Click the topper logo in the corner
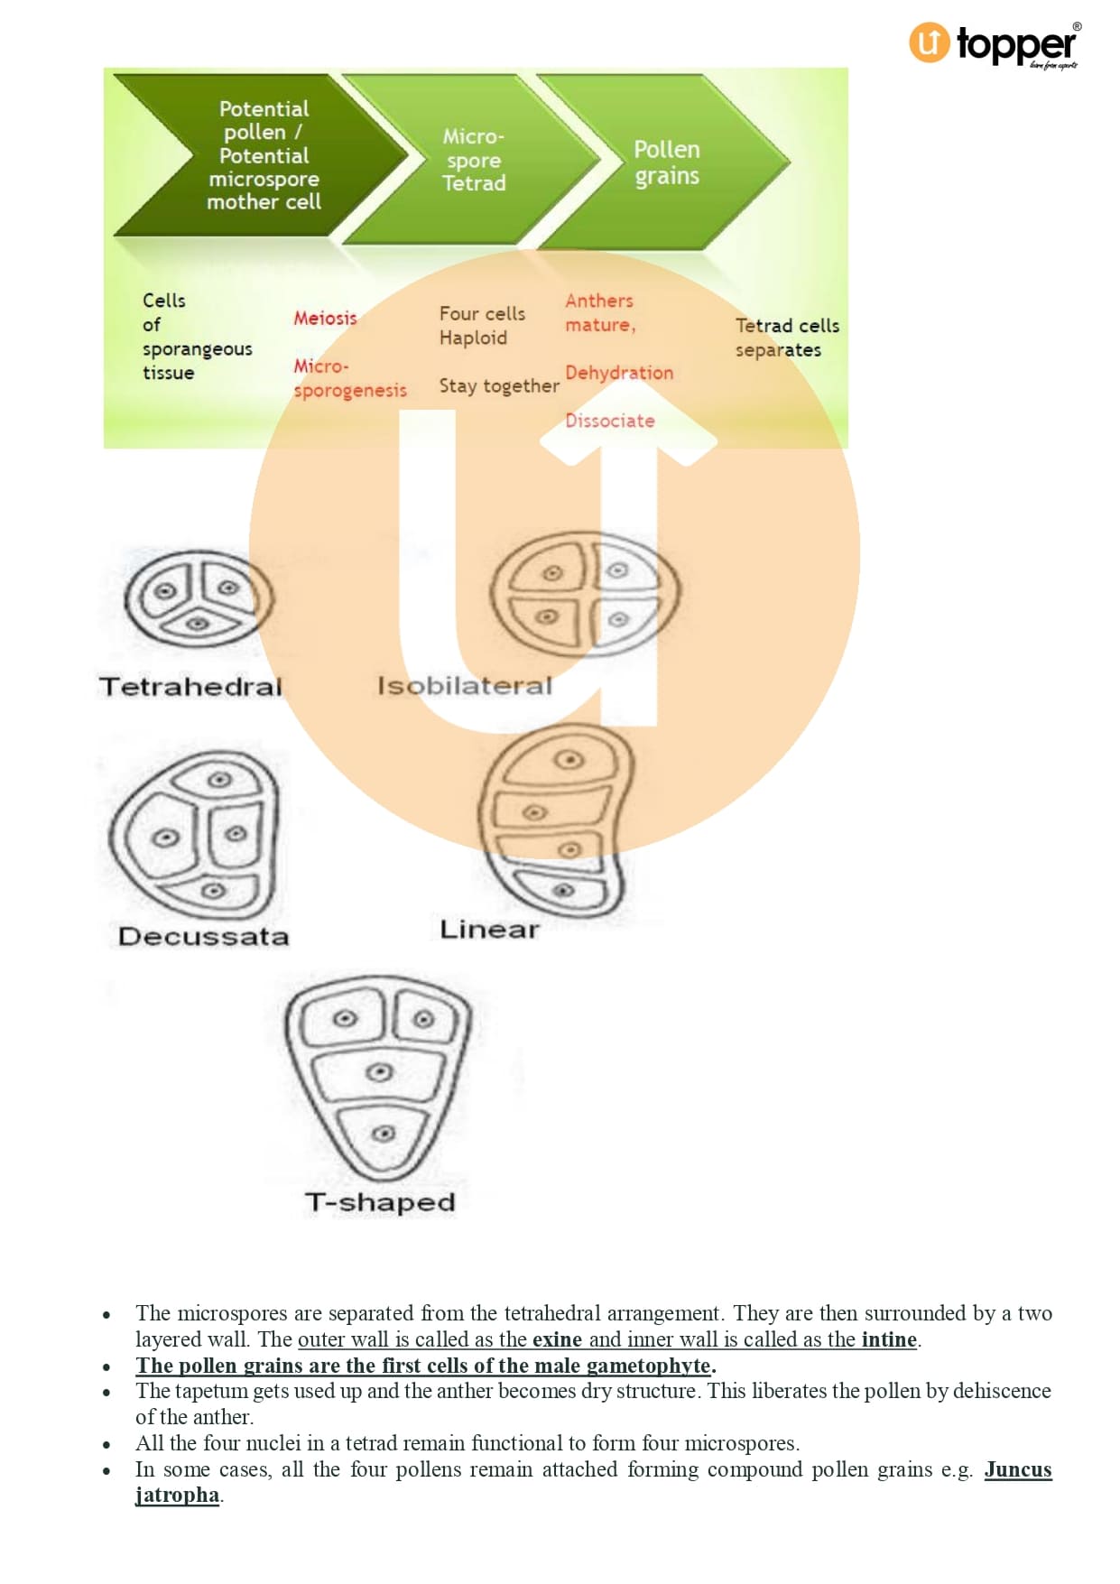[x=993, y=43]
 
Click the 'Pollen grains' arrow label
[x=666, y=162]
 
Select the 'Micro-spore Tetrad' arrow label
[x=474, y=160]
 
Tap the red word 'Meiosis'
[x=325, y=318]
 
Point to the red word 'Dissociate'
[x=609, y=421]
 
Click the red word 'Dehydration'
[x=619, y=373]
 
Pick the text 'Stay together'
[x=498, y=386]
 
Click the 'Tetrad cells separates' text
[x=786, y=338]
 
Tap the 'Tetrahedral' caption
[x=190, y=687]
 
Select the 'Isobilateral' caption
[x=464, y=686]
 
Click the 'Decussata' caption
[x=203, y=936]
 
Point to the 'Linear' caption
[x=488, y=930]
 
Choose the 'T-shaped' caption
[x=380, y=1202]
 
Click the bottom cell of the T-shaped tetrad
[x=384, y=1134]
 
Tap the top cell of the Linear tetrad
[x=568, y=760]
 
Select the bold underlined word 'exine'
[x=557, y=1339]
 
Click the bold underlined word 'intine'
[x=889, y=1339]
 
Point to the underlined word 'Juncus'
[x=1017, y=1469]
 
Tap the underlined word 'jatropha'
[x=177, y=1495]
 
